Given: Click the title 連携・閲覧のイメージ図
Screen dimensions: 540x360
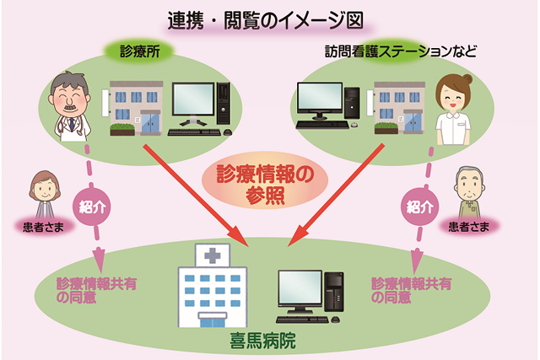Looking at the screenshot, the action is pyautogui.click(x=266, y=21).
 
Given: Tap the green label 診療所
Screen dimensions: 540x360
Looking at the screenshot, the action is pyautogui.click(x=140, y=51).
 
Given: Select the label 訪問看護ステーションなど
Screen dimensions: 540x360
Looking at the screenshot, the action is pyautogui.click(x=401, y=51).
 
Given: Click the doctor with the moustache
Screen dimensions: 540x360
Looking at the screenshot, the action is pyautogui.click(x=70, y=106).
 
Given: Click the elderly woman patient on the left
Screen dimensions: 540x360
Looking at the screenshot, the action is pyautogui.click(x=45, y=194).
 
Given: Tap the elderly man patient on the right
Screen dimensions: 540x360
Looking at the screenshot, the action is pyautogui.click(x=469, y=192).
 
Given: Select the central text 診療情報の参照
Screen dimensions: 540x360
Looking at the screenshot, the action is pyautogui.click(x=265, y=185).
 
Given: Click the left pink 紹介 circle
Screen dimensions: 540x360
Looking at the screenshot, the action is pyautogui.click(x=92, y=207).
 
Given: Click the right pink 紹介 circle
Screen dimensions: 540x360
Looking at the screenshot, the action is pyautogui.click(x=419, y=207).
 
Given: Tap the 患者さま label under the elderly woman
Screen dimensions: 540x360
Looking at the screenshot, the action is pyautogui.click(x=43, y=227).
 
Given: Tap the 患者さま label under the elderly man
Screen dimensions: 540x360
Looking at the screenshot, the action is pyautogui.click(x=469, y=227).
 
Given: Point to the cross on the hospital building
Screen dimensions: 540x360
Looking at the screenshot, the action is pyautogui.click(x=213, y=255).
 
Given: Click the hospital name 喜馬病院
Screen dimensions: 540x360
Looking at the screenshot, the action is pyautogui.click(x=262, y=341).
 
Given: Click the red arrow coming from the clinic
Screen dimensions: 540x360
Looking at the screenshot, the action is pyautogui.click(x=196, y=196).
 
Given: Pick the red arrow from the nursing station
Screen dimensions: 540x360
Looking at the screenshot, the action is pyautogui.click(x=336, y=195).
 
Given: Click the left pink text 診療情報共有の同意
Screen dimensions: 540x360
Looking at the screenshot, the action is pyautogui.click(x=96, y=291).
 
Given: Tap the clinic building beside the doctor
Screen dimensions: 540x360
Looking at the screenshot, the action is pyautogui.click(x=137, y=108).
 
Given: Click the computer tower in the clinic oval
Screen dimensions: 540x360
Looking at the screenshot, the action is pyautogui.click(x=223, y=103).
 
